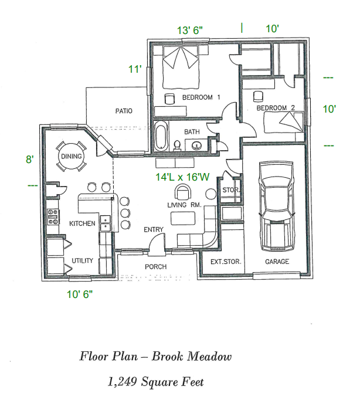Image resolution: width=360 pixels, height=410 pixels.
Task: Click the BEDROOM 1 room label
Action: pos(201,97)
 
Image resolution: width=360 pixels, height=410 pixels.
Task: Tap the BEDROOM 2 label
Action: pos(276,108)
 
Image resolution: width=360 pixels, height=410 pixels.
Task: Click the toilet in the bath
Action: pos(177,144)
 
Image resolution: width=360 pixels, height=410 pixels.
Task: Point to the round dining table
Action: pos(71,157)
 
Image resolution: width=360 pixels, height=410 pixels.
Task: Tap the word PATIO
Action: pos(123,111)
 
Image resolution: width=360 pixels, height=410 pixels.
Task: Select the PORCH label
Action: pos(156,267)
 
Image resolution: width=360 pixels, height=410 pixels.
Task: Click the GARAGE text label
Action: pos(277,262)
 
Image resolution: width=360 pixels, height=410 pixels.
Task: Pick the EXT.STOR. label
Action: pos(226,262)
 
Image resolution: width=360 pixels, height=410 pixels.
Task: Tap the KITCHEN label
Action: pos(82,223)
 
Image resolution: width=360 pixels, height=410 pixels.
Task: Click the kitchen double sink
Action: pos(106,223)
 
